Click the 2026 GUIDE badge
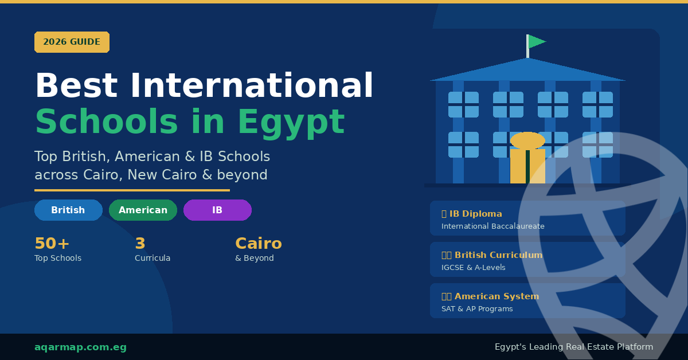tap(72, 42)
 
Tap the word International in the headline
tap(252, 87)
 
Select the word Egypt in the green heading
tap(291, 122)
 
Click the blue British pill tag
tap(68, 210)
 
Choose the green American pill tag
tap(143, 210)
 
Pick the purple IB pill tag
tap(217, 210)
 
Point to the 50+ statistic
tap(52, 244)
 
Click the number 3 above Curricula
tap(140, 244)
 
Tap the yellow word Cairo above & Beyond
tap(259, 244)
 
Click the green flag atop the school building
tap(536, 41)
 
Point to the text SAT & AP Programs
tap(477, 309)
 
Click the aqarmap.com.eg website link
tap(80, 347)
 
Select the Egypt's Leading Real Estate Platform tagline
tap(574, 347)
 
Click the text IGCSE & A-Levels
tap(474, 268)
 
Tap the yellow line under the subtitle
tap(132, 190)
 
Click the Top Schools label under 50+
tap(58, 259)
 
